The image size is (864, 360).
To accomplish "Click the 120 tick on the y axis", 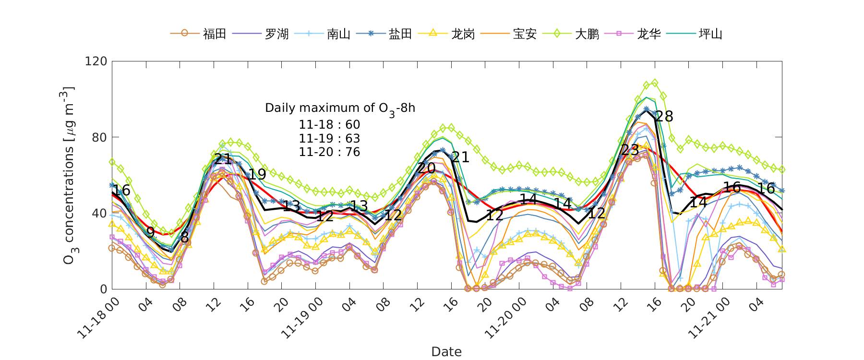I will [x=96, y=61].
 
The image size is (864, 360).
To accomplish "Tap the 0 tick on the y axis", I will [x=103, y=289].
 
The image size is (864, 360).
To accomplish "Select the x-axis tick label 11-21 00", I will [x=710, y=317].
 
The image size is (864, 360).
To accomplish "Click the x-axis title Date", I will [x=446, y=352].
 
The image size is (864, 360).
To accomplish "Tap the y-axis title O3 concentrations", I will [x=69, y=175].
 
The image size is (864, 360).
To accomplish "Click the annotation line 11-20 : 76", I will [x=329, y=152].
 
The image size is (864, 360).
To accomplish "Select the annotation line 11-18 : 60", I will [x=329, y=125].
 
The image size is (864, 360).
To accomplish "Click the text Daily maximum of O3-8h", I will [x=340, y=108].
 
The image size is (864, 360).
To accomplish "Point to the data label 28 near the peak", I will [x=664, y=116].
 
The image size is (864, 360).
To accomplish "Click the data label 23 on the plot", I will [x=630, y=150].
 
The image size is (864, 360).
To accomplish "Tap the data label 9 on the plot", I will [x=150, y=233].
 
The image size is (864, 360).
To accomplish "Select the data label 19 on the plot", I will [x=257, y=174].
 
